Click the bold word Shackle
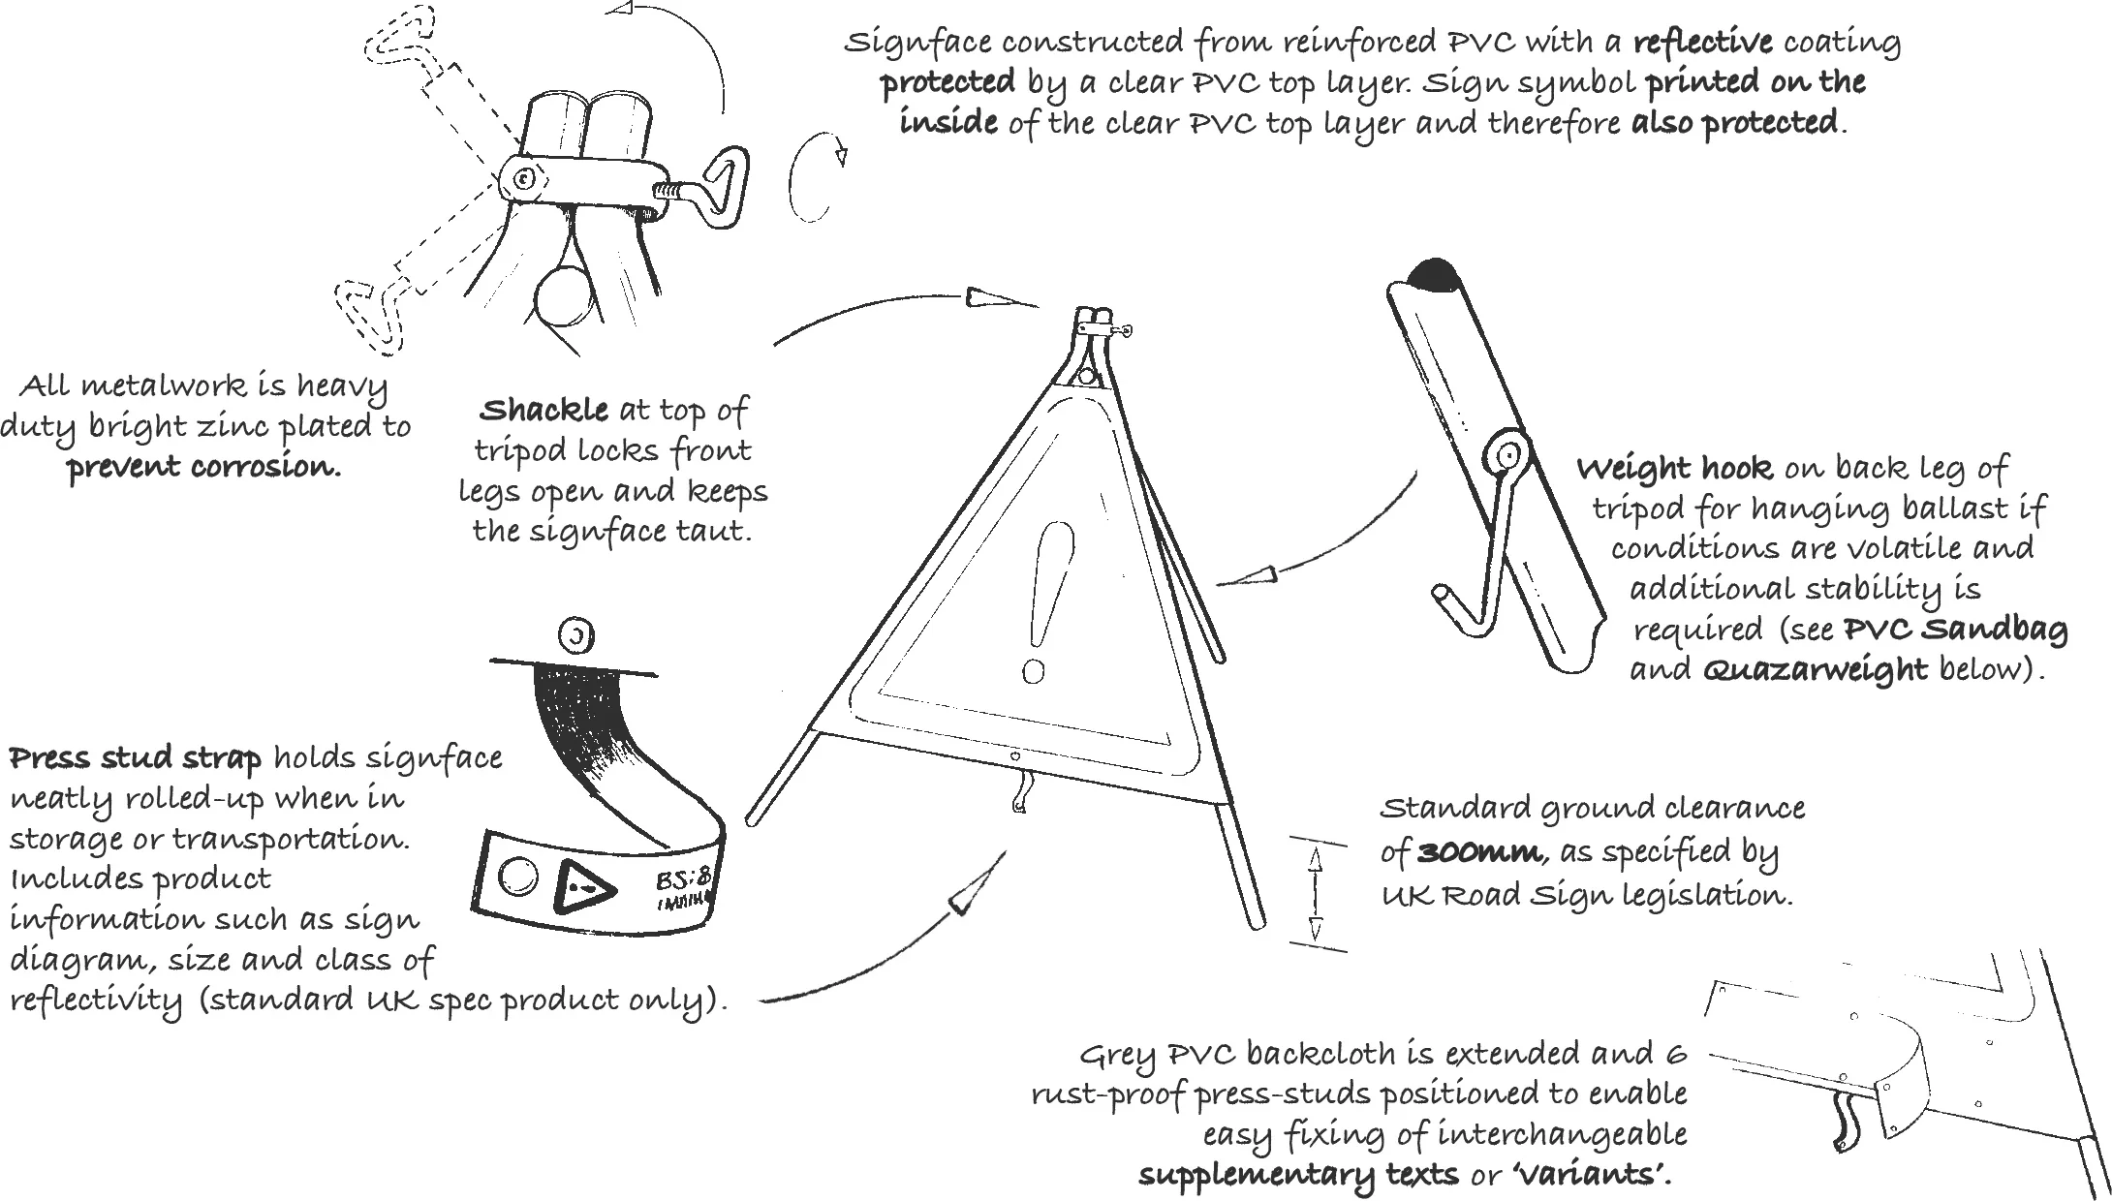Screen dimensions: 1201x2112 544,411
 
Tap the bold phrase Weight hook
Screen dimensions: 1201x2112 1674,470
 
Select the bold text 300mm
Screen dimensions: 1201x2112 1478,852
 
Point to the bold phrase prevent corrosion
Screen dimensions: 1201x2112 204,468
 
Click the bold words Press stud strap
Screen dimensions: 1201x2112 135,758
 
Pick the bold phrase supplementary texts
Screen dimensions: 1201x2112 1298,1175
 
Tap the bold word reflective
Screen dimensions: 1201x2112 1702,43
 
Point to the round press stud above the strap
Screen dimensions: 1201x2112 576,636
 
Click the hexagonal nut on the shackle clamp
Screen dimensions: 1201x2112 524,180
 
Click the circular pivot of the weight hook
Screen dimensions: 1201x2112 1506,453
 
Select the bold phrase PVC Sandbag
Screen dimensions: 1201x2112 1955,630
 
